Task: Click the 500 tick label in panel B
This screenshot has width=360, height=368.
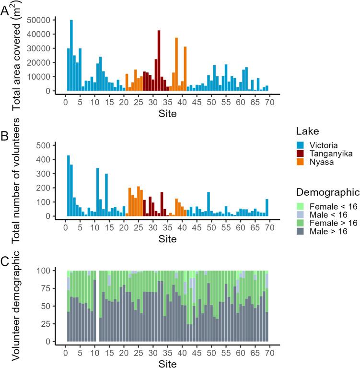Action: [45, 145]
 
